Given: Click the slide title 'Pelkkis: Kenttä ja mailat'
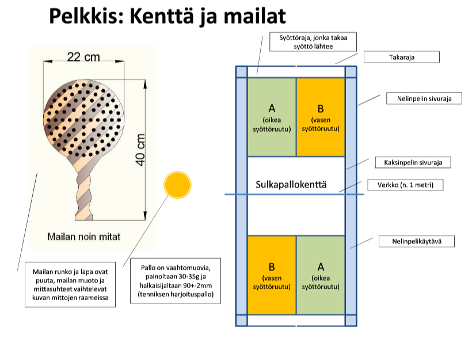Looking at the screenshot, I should point(166,16).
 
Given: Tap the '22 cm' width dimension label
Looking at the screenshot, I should point(83,57).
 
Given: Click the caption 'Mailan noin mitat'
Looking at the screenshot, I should point(84,236).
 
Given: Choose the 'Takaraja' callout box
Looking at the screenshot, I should point(401,58).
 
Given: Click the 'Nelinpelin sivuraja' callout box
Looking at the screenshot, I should point(425,98).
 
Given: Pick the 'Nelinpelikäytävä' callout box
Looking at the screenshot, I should point(416,241).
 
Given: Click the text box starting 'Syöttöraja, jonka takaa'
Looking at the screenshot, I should point(313,41).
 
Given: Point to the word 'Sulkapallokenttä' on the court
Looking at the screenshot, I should point(291,185).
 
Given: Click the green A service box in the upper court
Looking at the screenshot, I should point(272,117).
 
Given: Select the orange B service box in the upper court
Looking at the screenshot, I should point(321,117).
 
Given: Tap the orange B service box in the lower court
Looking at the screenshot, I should point(272,275).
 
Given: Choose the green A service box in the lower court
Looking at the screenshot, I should point(321,275).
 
